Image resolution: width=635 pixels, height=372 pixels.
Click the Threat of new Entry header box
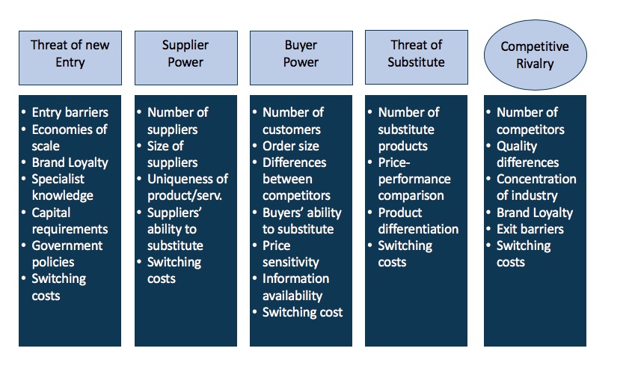click(x=70, y=58)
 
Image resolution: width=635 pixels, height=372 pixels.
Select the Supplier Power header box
click(x=186, y=58)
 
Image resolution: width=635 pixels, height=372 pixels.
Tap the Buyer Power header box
click(x=301, y=58)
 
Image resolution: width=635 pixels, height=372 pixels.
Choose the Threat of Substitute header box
click(x=417, y=57)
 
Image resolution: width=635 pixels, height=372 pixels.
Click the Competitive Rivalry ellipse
click(x=535, y=55)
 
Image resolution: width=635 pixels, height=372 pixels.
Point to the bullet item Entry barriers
click(x=70, y=112)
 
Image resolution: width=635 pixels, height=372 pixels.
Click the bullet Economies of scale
click(x=70, y=138)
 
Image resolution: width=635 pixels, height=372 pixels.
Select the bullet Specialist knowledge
click(x=62, y=187)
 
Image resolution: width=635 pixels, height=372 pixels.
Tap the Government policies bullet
click(x=67, y=254)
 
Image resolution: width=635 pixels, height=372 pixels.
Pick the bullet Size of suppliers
click(x=172, y=154)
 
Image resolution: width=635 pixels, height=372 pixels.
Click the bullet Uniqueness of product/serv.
click(x=188, y=187)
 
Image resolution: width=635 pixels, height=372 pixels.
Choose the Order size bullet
click(x=291, y=146)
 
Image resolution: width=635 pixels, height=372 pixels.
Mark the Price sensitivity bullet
click(x=291, y=254)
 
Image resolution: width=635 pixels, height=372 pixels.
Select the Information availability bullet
click(x=295, y=287)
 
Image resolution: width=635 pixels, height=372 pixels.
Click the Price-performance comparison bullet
click(x=414, y=179)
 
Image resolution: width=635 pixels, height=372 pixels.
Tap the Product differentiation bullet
click(x=418, y=221)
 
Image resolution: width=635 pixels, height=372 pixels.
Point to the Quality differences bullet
click(x=528, y=154)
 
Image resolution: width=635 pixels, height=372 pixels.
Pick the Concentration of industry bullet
click(x=536, y=187)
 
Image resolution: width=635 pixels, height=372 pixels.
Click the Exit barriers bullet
click(x=530, y=229)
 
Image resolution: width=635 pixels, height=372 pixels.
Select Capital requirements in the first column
click(x=70, y=221)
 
